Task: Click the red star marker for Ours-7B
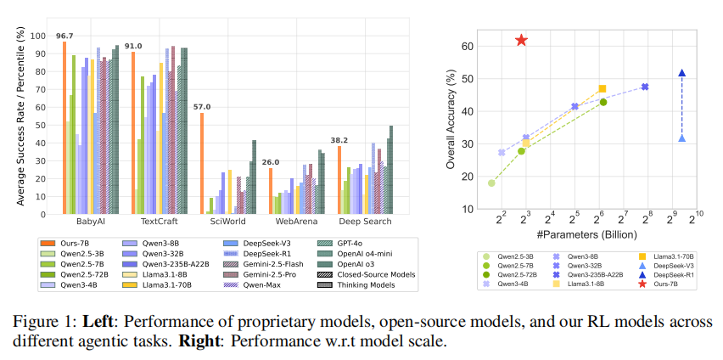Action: [521, 41]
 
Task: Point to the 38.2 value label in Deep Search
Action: [339, 140]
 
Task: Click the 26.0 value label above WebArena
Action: [270, 162]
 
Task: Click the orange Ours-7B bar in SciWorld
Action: [202, 162]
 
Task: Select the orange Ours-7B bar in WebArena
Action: [271, 190]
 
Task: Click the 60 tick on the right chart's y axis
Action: [468, 47]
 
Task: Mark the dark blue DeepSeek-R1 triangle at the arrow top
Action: [681, 73]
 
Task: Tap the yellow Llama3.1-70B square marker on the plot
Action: [602, 89]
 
